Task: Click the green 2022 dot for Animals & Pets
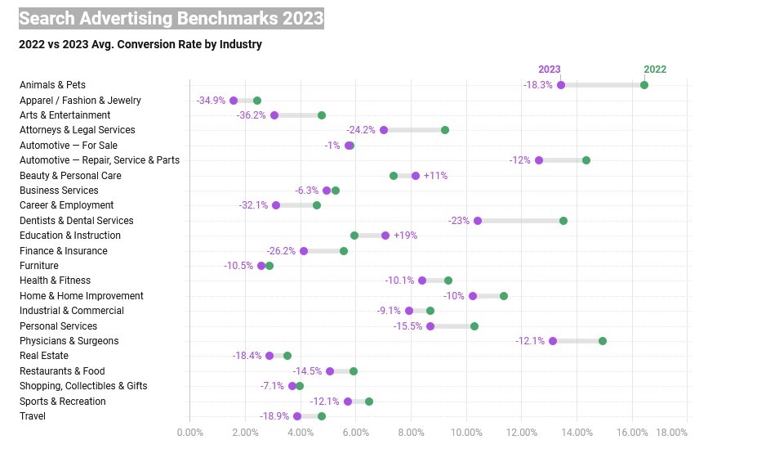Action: click(x=644, y=85)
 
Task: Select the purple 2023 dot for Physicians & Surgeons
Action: click(x=553, y=341)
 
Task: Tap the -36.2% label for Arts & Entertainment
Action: click(x=251, y=115)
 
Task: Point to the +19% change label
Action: click(x=405, y=236)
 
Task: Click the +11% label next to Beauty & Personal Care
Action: click(x=435, y=176)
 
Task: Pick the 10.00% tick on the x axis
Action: click(x=466, y=433)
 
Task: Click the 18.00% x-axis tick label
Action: click(x=672, y=433)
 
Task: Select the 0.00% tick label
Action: click(x=189, y=433)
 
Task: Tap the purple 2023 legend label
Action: click(x=549, y=70)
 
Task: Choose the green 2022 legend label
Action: click(x=655, y=70)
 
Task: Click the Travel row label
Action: click(x=33, y=416)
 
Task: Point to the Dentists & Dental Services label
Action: click(x=76, y=221)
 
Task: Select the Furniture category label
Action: click(x=39, y=266)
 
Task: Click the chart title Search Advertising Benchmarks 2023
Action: click(x=171, y=18)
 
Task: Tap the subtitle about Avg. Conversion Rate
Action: click(x=140, y=44)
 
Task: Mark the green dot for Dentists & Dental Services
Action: click(x=563, y=221)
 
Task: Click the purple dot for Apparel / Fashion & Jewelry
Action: click(x=234, y=101)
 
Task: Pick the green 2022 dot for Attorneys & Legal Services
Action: click(x=445, y=130)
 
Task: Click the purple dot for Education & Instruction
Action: click(x=385, y=236)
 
